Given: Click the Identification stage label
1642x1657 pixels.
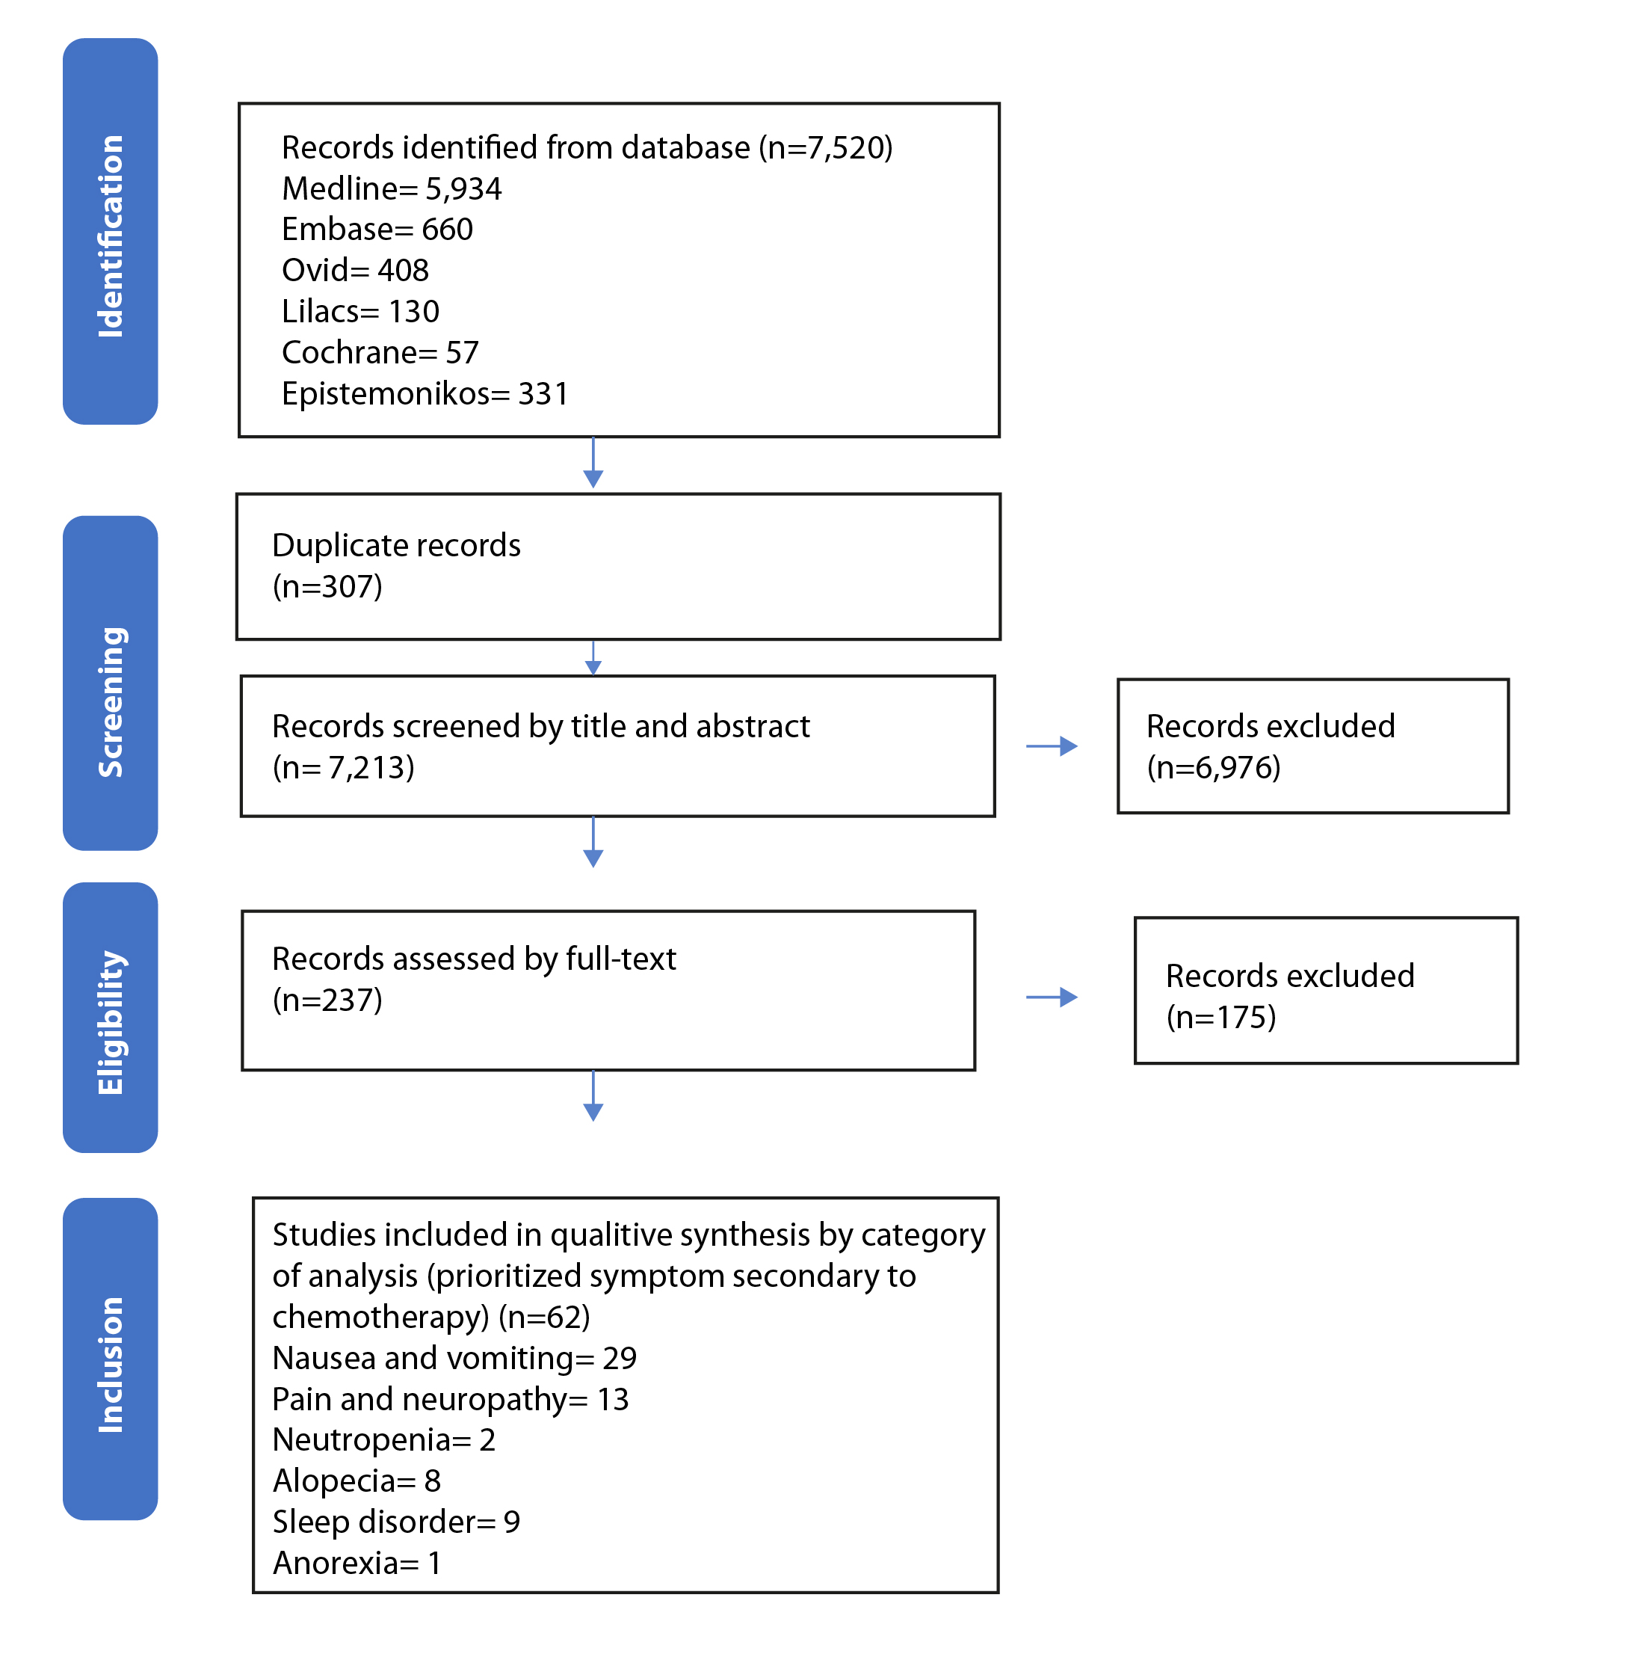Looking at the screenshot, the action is click(111, 236).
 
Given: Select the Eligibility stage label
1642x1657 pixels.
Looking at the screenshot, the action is click(111, 1022).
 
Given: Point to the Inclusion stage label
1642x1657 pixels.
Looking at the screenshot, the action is click(111, 1365).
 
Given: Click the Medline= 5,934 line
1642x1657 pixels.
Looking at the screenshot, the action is click(392, 189).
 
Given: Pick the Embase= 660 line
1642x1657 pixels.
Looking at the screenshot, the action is click(377, 230).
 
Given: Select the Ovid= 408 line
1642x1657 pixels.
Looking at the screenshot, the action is click(355, 271).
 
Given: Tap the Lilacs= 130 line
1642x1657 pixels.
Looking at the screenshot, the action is click(360, 311).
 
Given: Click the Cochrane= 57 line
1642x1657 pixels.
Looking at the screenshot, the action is click(380, 352).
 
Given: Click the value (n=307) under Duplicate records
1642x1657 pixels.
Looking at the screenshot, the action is click(327, 588).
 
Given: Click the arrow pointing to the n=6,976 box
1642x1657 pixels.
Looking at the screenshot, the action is click(1052, 746).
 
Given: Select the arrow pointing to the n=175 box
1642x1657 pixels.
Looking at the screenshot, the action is click(1052, 997).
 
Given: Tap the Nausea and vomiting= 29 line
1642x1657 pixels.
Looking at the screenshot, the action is click(454, 1359).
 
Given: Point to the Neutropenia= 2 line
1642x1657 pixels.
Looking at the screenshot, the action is click(384, 1440).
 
